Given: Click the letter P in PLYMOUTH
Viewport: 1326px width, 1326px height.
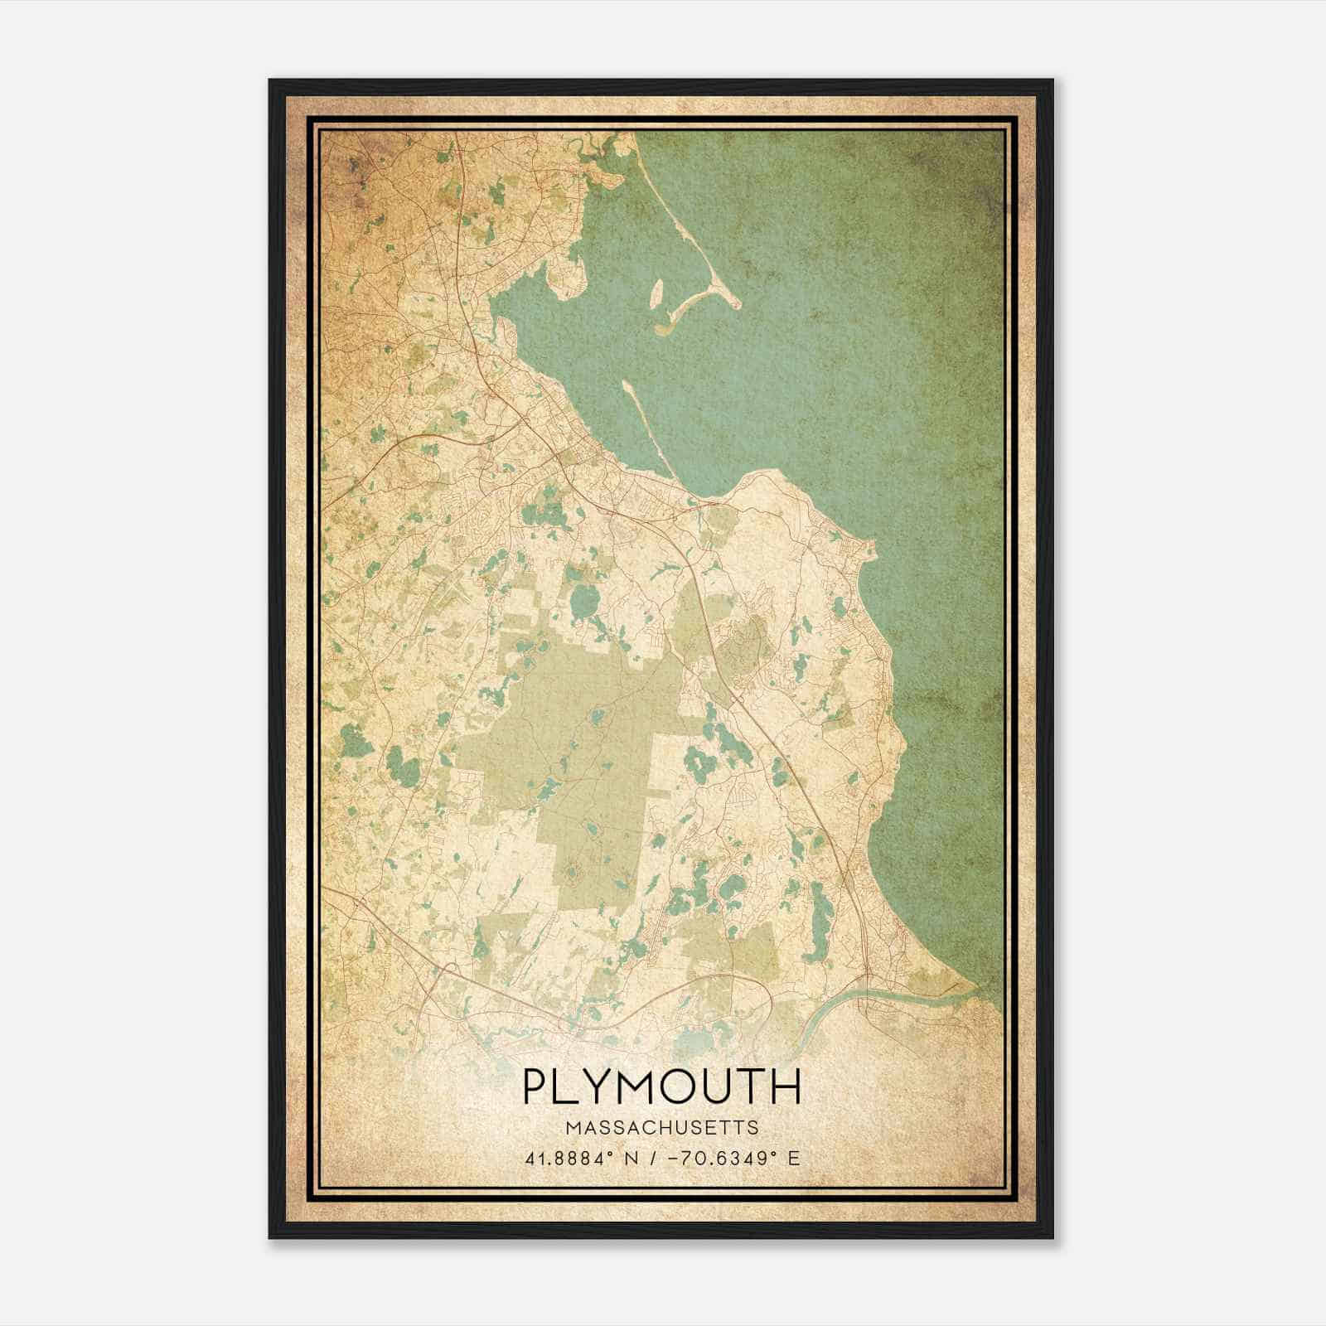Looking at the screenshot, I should pos(537,1086).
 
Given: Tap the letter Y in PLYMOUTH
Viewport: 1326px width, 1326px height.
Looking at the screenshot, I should pos(606,1086).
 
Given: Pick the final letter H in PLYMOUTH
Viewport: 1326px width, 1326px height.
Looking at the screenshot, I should pos(788,1086).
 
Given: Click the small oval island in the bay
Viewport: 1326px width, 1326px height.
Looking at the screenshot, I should pos(657,293).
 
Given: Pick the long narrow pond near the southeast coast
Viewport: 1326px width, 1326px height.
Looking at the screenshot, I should pos(818,912).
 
